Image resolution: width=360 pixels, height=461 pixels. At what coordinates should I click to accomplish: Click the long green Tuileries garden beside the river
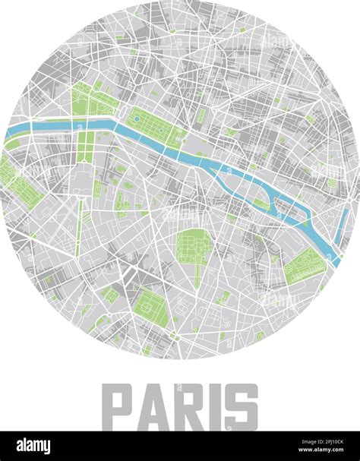point(155,126)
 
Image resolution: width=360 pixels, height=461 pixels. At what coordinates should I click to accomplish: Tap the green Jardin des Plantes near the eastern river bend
point(305,267)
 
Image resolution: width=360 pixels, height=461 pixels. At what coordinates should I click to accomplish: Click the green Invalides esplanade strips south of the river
point(85,146)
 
